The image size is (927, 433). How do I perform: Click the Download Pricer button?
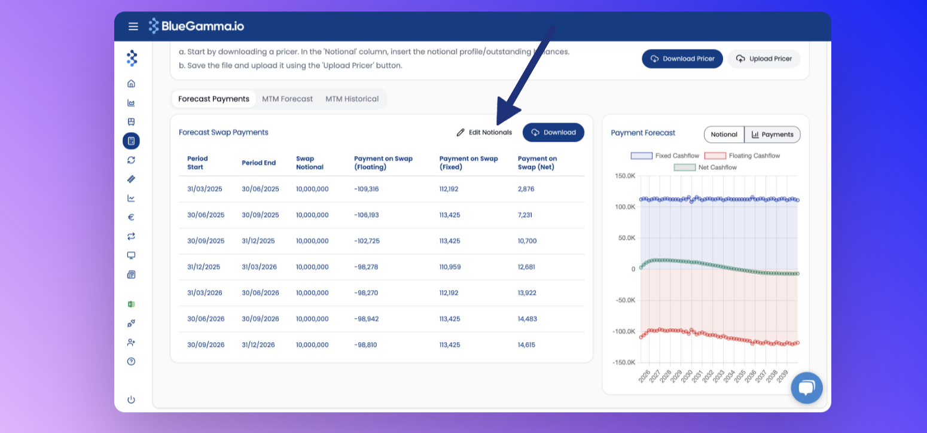click(682, 59)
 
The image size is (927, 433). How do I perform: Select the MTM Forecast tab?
click(287, 99)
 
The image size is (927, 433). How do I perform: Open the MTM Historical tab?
click(352, 99)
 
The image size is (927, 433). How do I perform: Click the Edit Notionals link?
click(484, 132)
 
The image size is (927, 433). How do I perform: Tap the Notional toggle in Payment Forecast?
click(724, 135)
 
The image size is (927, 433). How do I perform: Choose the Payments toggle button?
click(772, 135)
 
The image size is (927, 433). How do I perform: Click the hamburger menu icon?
click(133, 26)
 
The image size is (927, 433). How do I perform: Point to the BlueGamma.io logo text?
click(203, 26)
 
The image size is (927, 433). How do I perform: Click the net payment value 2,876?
click(526, 189)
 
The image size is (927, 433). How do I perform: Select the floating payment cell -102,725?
click(367, 241)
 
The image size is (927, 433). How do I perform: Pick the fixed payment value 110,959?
click(450, 267)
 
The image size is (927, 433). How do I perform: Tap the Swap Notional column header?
click(310, 163)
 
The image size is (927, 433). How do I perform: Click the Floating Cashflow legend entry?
click(742, 155)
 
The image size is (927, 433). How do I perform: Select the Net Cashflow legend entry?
click(705, 167)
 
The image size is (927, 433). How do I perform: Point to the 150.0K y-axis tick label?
click(625, 176)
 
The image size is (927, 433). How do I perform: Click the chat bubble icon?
click(807, 388)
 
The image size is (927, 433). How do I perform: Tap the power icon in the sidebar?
click(131, 400)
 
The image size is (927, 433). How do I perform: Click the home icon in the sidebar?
click(131, 84)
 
